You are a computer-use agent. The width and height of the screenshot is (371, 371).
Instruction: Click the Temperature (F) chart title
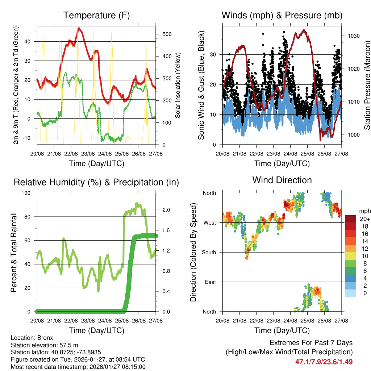96,16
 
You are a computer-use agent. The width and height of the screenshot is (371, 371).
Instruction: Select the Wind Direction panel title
282,180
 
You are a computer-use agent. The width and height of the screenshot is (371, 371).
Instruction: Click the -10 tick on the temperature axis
30,138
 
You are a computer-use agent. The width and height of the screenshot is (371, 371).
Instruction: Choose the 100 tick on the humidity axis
28,193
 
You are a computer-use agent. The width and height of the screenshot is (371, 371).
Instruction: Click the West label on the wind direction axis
209,222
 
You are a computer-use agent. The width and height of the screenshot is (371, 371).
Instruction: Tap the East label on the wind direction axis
210,282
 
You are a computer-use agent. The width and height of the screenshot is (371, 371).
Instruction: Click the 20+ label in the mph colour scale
365,219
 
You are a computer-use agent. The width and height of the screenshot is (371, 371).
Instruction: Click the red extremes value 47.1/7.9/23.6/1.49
324,362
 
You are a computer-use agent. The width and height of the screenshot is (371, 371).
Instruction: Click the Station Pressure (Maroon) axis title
367,85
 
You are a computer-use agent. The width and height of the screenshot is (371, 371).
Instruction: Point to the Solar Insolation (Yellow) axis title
178,85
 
